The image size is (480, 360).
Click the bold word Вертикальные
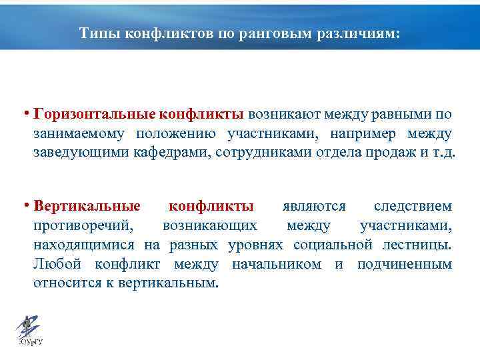click(x=87, y=207)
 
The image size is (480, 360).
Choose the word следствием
click(x=413, y=207)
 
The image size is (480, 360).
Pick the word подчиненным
click(x=405, y=264)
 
